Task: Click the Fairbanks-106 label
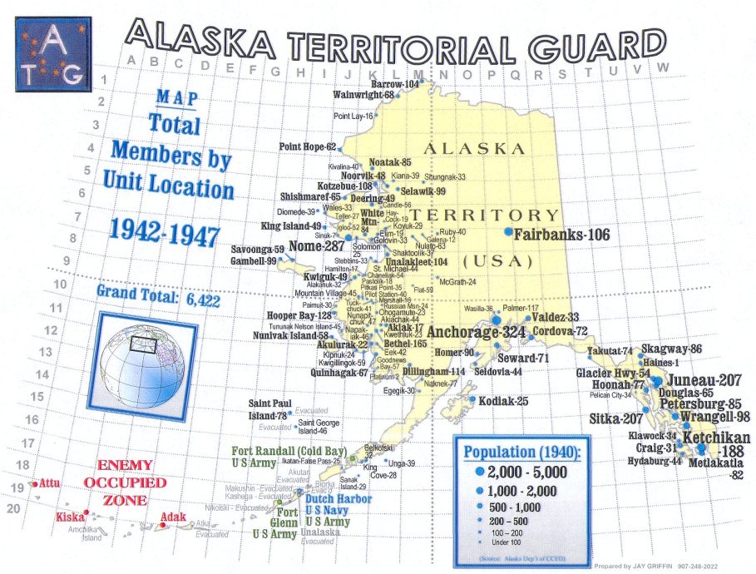561,235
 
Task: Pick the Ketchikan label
716,438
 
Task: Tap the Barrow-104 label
394,85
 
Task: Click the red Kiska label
71,517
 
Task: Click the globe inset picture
146,350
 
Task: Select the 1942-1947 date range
163,233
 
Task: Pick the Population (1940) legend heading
523,452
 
